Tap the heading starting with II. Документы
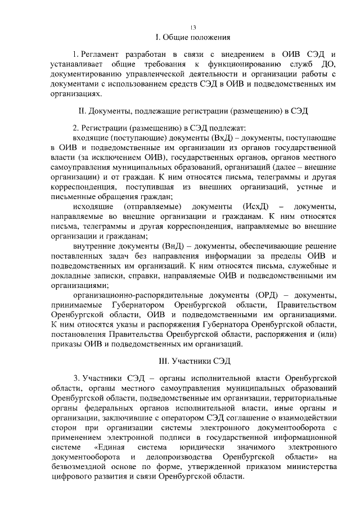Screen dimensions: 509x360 193,111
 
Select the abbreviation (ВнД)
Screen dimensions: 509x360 164,245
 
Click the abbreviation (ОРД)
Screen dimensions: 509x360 262,295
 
